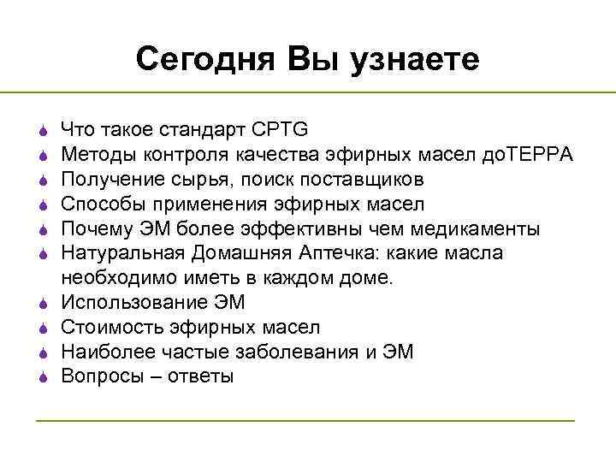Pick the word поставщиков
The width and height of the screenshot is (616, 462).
tap(369, 180)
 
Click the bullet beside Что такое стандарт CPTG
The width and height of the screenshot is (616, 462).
tap(42, 131)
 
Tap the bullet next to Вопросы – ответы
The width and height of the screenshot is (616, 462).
tap(42, 377)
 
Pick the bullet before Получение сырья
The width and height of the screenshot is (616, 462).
tap(42, 180)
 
